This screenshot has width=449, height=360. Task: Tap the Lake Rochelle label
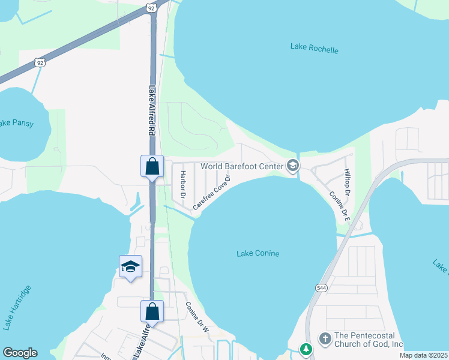pyautogui.click(x=314, y=48)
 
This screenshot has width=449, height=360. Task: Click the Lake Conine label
pyautogui.click(x=258, y=254)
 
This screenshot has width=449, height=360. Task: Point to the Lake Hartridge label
pyautogui.click(x=17, y=308)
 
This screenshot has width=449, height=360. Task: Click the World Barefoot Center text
pyautogui.click(x=241, y=166)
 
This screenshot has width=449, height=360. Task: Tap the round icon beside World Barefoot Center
pyautogui.click(x=293, y=166)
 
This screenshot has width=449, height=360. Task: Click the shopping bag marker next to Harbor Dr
pyautogui.click(x=152, y=166)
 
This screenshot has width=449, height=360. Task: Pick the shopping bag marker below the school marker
pyautogui.click(x=152, y=311)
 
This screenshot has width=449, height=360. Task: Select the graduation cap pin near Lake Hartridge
pyautogui.click(x=130, y=266)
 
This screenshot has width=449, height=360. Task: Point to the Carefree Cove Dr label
pyautogui.click(x=212, y=192)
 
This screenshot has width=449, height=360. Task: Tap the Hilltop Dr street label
pyautogui.click(x=347, y=182)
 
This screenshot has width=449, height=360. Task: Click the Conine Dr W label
pyautogui.click(x=196, y=317)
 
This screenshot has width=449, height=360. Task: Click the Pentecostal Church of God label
pyautogui.click(x=369, y=340)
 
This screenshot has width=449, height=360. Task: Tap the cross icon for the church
pyautogui.click(x=325, y=340)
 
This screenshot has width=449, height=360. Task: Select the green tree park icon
pyautogui.click(x=306, y=349)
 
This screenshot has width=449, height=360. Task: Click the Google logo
pyautogui.click(x=20, y=353)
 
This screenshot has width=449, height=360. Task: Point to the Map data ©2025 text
pyautogui.click(x=423, y=355)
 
